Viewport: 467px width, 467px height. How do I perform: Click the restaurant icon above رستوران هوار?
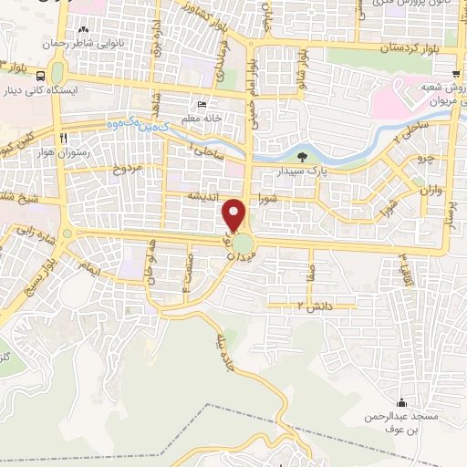[63, 138]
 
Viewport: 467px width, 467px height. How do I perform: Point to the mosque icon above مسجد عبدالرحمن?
[400, 403]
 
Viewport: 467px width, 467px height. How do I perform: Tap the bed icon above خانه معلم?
[202, 103]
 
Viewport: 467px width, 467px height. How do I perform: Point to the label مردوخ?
[128, 170]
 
